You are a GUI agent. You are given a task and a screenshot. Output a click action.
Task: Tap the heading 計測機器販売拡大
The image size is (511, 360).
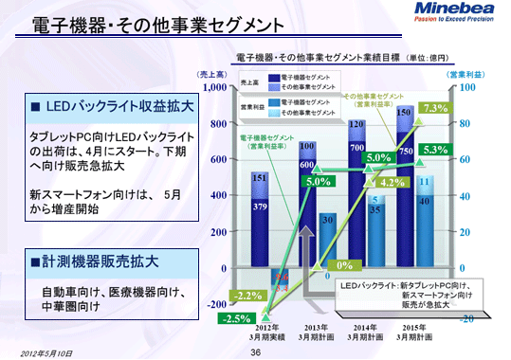(x=95, y=260)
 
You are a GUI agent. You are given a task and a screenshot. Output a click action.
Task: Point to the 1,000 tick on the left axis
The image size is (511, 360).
(x=213, y=87)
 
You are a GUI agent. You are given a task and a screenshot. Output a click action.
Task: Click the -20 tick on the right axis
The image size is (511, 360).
(x=465, y=320)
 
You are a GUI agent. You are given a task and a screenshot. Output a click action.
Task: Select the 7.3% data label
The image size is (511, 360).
(x=435, y=108)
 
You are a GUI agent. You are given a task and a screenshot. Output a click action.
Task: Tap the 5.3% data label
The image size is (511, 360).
(x=435, y=150)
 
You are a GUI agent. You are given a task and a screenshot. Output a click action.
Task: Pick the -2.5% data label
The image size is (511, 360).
(x=232, y=318)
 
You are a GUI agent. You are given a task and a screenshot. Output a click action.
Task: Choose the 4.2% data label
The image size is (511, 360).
(x=392, y=182)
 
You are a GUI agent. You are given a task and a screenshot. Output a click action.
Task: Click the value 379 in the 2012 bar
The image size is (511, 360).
(x=259, y=206)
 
